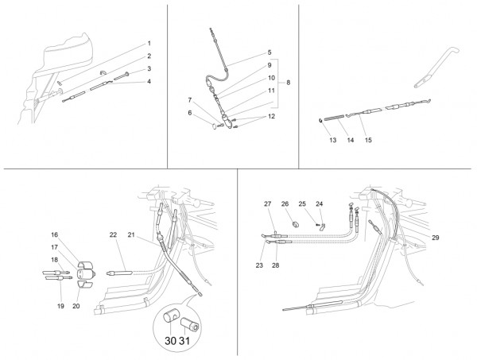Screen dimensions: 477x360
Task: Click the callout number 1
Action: tap(149, 44)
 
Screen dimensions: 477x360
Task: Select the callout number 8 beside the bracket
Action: tap(288, 83)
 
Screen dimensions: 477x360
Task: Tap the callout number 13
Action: tap(333, 140)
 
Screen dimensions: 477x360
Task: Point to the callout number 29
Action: tap(436, 238)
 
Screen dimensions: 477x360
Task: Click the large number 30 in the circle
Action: tap(170, 341)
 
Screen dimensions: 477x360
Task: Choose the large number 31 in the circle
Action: tap(184, 341)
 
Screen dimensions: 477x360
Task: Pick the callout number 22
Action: tap(113, 234)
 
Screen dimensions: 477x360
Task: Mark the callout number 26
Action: tap(285, 203)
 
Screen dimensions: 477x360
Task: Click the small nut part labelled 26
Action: tap(296, 224)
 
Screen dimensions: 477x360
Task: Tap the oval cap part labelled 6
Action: tap(214, 126)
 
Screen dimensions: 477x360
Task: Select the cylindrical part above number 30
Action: tap(170, 317)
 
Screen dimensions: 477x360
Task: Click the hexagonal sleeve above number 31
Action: tap(190, 324)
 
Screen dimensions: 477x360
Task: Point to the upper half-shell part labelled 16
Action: tap(85, 265)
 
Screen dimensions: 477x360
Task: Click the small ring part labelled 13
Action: tap(320, 120)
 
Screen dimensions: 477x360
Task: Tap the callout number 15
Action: tap(368, 140)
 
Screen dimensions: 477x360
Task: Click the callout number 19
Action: tap(60, 306)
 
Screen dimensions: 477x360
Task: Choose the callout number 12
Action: tap(271, 117)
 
